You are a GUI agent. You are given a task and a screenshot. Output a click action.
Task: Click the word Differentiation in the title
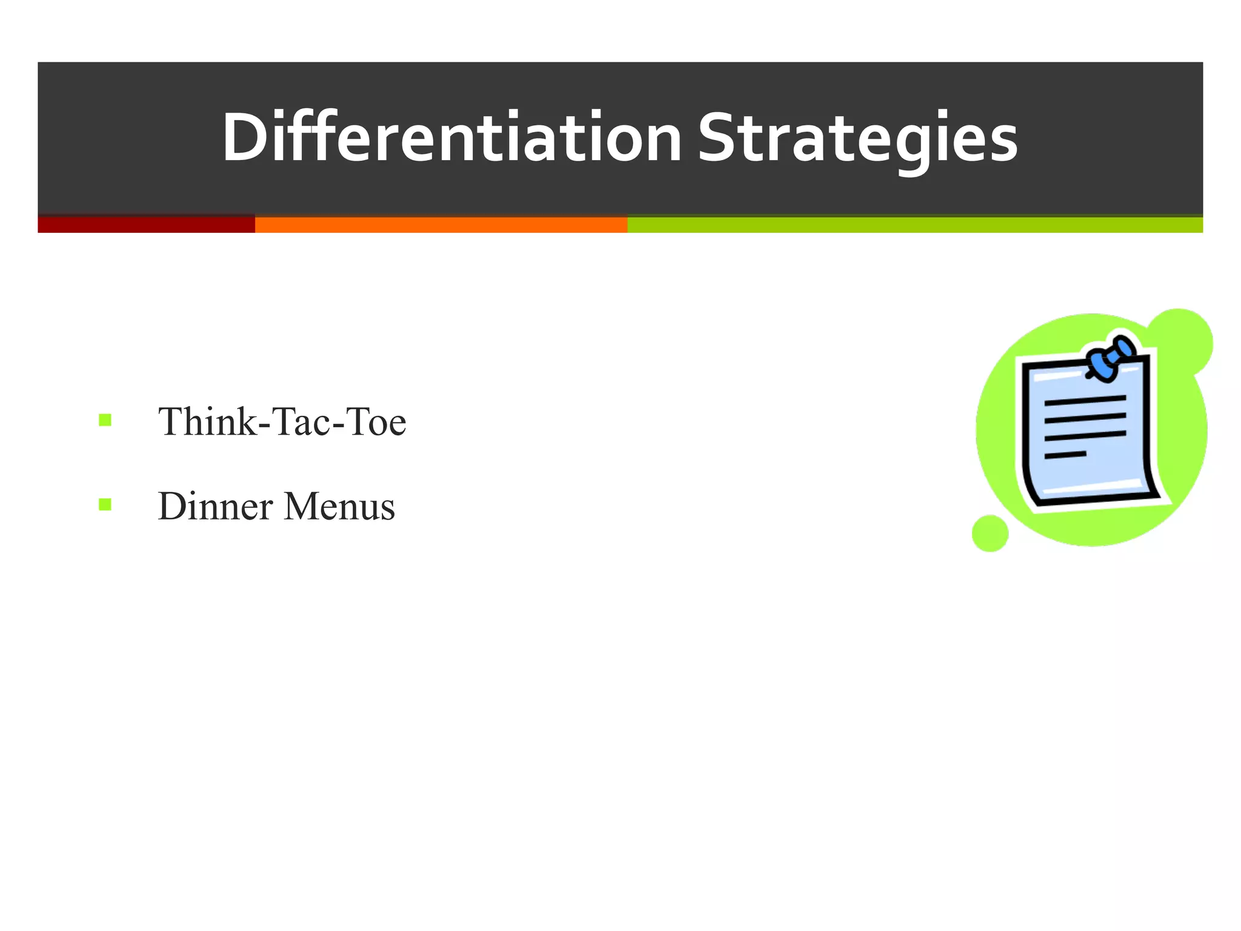[x=451, y=138]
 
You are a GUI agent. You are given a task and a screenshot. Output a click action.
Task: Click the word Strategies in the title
[x=857, y=138]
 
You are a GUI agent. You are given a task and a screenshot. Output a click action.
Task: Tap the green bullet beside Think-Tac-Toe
[x=105, y=420]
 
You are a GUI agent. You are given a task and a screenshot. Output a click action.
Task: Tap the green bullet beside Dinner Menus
[x=105, y=504]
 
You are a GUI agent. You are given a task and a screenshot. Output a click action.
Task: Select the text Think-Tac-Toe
[x=282, y=422]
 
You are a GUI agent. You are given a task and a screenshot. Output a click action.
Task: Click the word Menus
[x=339, y=506]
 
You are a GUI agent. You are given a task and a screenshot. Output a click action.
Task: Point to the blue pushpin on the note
[x=1110, y=359]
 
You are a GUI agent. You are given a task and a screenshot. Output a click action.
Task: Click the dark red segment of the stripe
[x=146, y=224]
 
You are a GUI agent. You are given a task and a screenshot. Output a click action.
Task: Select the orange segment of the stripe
[x=441, y=224]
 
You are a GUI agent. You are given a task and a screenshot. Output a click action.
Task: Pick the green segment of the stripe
[x=914, y=224]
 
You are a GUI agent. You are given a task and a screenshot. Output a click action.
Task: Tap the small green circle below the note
[x=990, y=533]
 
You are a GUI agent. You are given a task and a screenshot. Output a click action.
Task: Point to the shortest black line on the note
[x=1065, y=455]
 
